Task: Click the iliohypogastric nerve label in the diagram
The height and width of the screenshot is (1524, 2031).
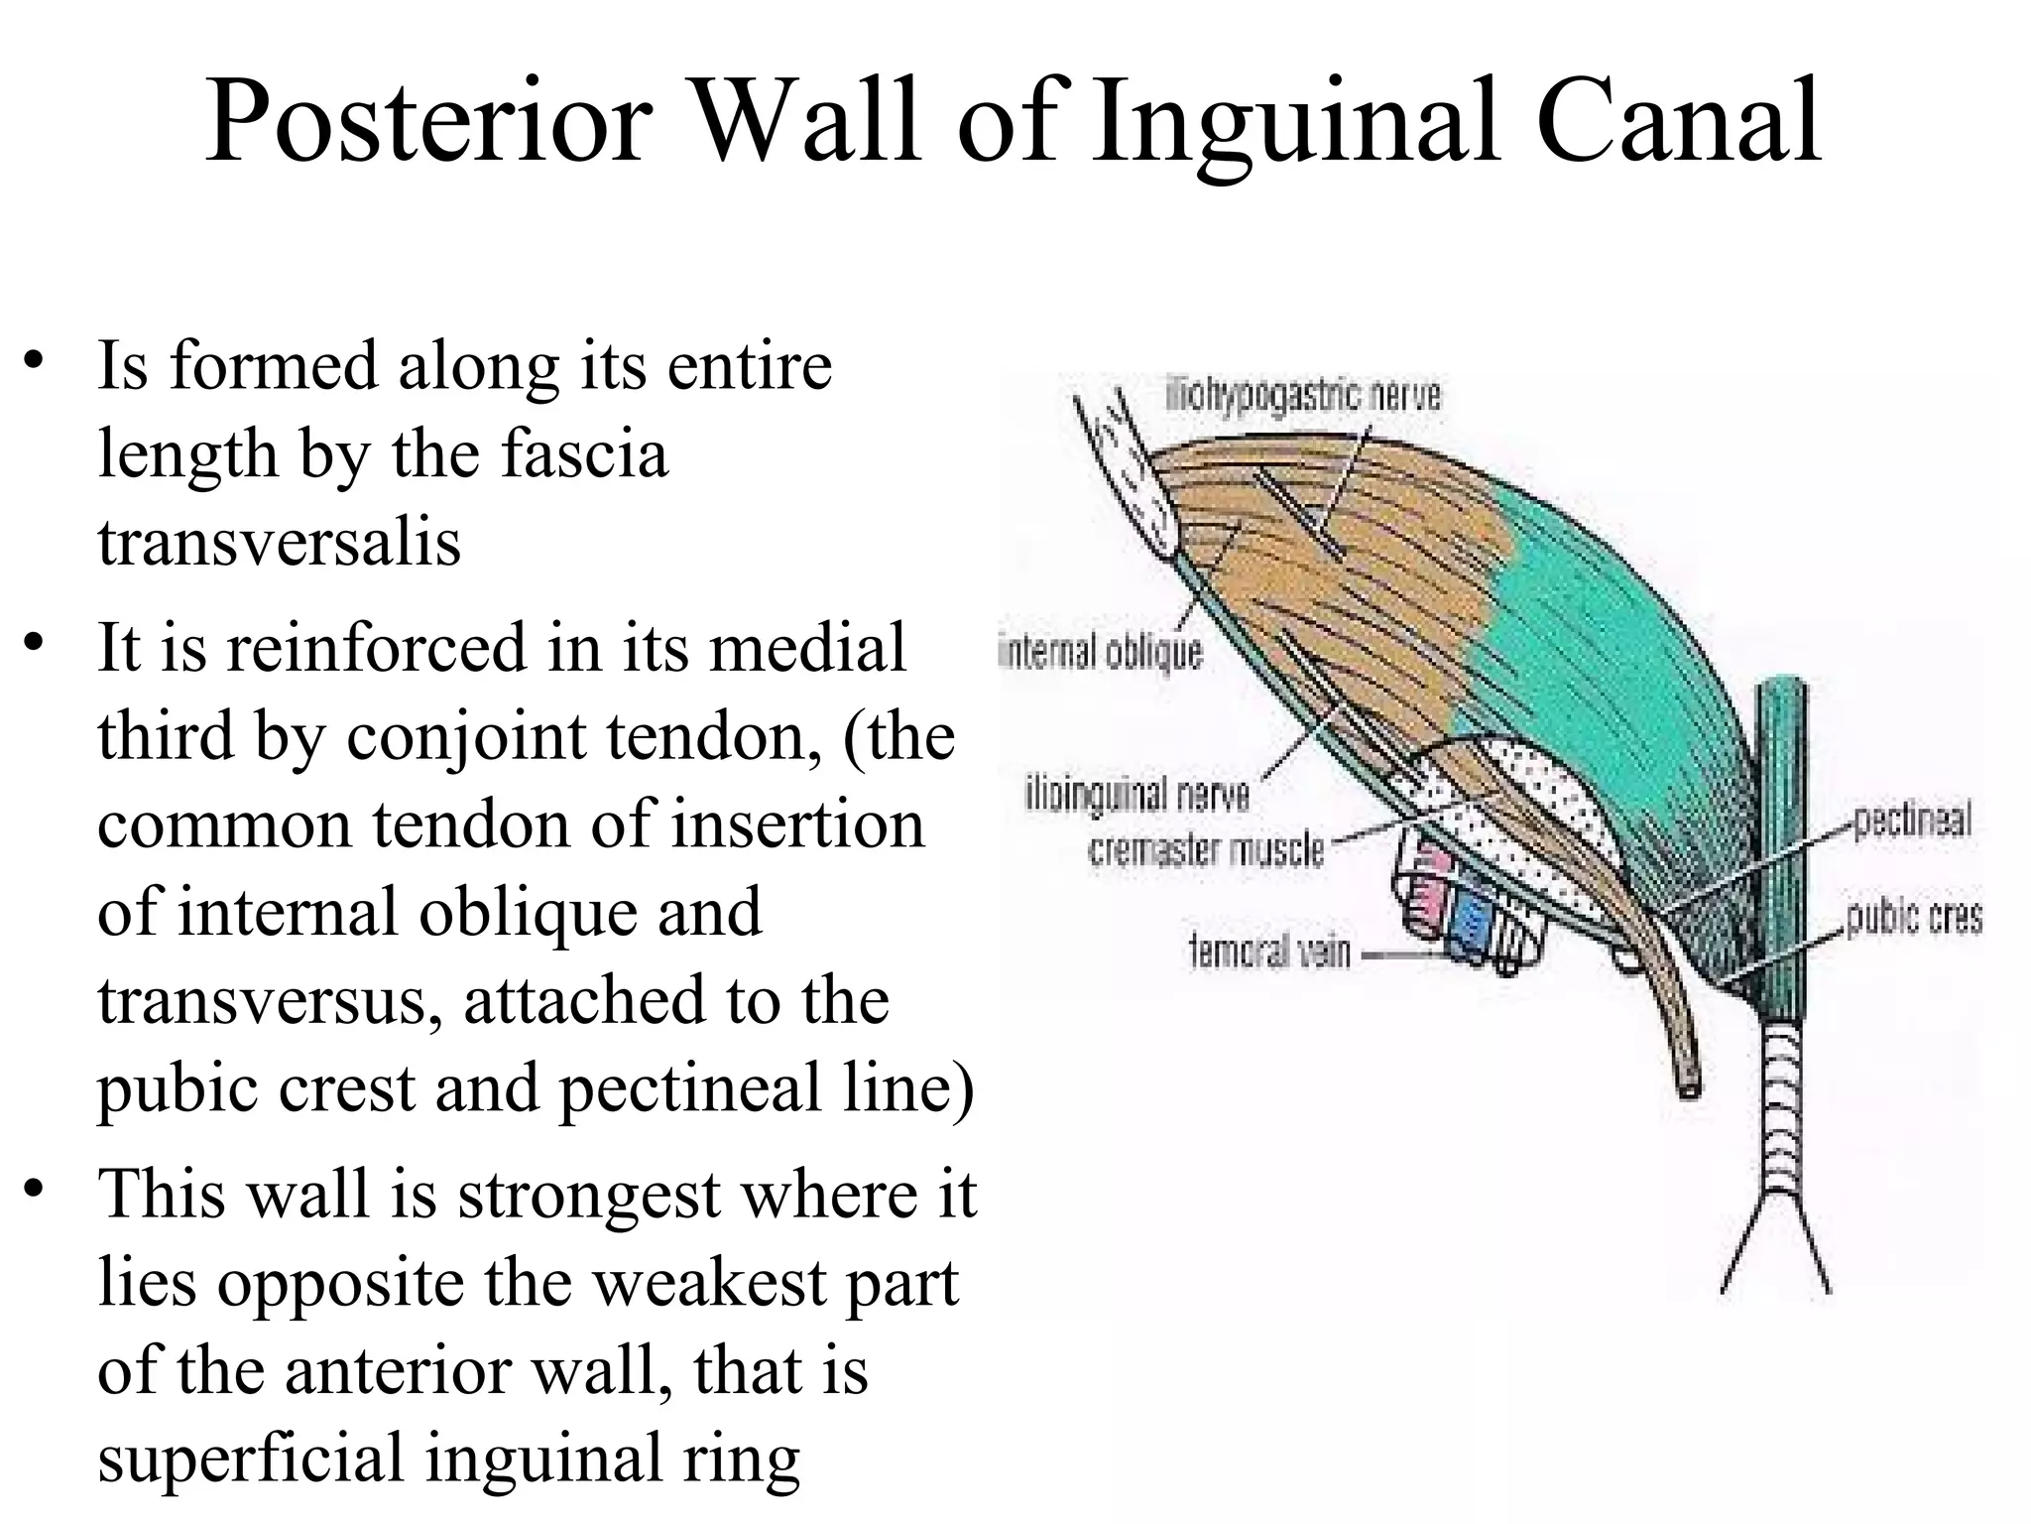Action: click(1302, 396)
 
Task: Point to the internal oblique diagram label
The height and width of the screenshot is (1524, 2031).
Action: click(1100, 653)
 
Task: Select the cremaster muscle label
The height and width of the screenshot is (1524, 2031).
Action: click(1206, 850)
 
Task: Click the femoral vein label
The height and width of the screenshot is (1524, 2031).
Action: click(1269, 952)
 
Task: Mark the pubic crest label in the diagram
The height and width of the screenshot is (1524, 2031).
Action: click(1913, 918)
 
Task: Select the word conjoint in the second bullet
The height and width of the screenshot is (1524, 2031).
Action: click(466, 736)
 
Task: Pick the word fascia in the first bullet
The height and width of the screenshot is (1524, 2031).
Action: click(584, 454)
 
